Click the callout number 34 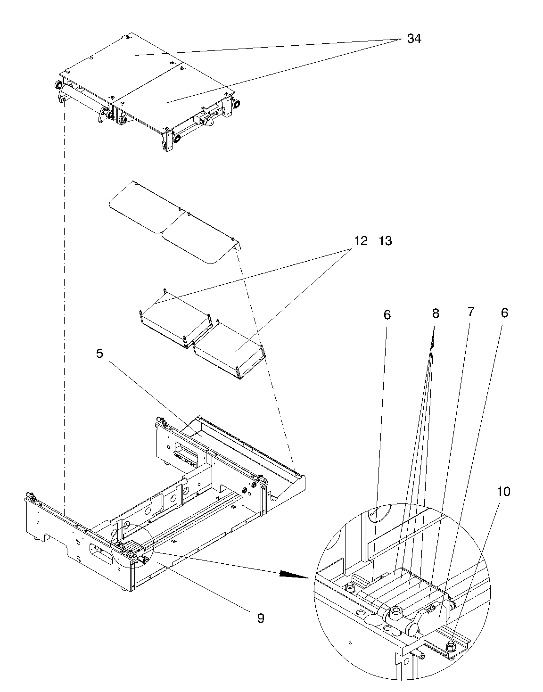(414, 39)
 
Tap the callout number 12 (361, 241)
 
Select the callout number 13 (385, 241)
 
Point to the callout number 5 (99, 354)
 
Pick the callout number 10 (503, 492)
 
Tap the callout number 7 (471, 312)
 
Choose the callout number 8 (436, 313)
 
